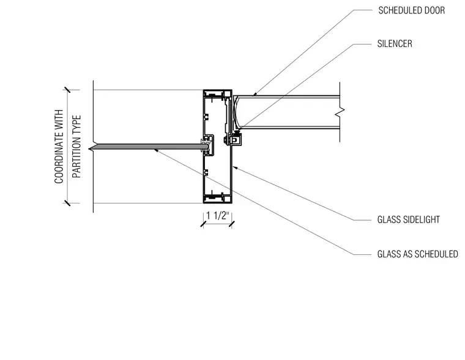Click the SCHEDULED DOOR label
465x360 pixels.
411,10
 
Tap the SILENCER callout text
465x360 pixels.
395,44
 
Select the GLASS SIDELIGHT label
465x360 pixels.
408,219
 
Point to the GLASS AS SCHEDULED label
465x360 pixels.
417,254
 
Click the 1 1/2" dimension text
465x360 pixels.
218,215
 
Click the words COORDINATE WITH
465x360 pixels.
59,146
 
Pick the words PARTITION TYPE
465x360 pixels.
76,146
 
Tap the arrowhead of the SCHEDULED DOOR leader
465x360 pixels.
254,94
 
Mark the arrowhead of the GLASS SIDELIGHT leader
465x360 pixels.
235,167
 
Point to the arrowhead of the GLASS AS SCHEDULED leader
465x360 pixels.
155,150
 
